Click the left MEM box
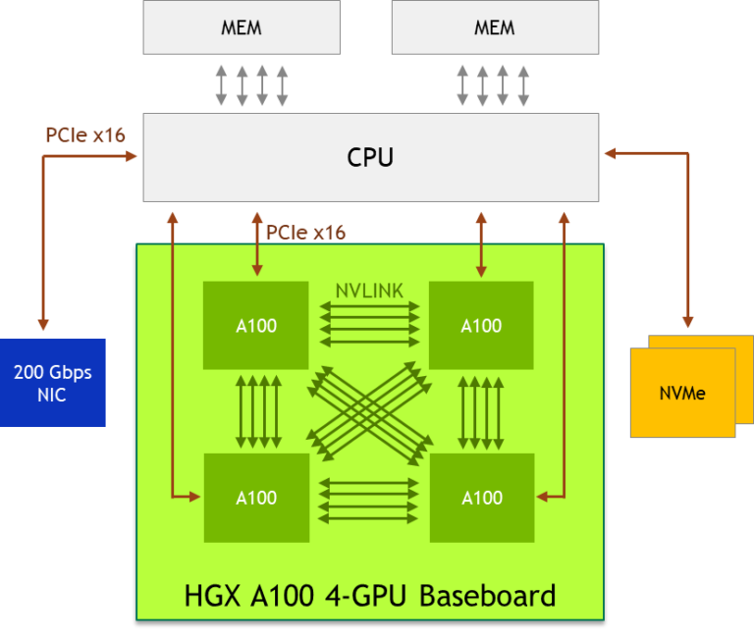pyautogui.click(x=242, y=27)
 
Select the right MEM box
pyautogui.click(x=495, y=27)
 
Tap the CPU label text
pyautogui.click(x=370, y=157)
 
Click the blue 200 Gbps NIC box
pyautogui.click(x=53, y=383)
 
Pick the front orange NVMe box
pyautogui.click(x=682, y=393)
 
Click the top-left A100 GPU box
pyautogui.click(x=256, y=326)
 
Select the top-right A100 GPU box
pyautogui.click(x=481, y=326)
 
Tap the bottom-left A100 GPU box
pyautogui.click(x=256, y=498)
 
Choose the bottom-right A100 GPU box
pyautogui.click(x=481, y=498)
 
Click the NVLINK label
pyautogui.click(x=369, y=291)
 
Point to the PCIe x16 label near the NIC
pyautogui.click(x=85, y=135)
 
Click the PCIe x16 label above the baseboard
pyautogui.click(x=305, y=233)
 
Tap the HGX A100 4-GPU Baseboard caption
pyautogui.click(x=369, y=596)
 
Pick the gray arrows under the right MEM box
pyautogui.click(x=494, y=85)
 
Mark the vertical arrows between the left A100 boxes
pyautogui.click(x=257, y=411)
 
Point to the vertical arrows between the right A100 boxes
pyautogui.click(x=482, y=411)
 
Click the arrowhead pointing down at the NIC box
pyautogui.click(x=43, y=325)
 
